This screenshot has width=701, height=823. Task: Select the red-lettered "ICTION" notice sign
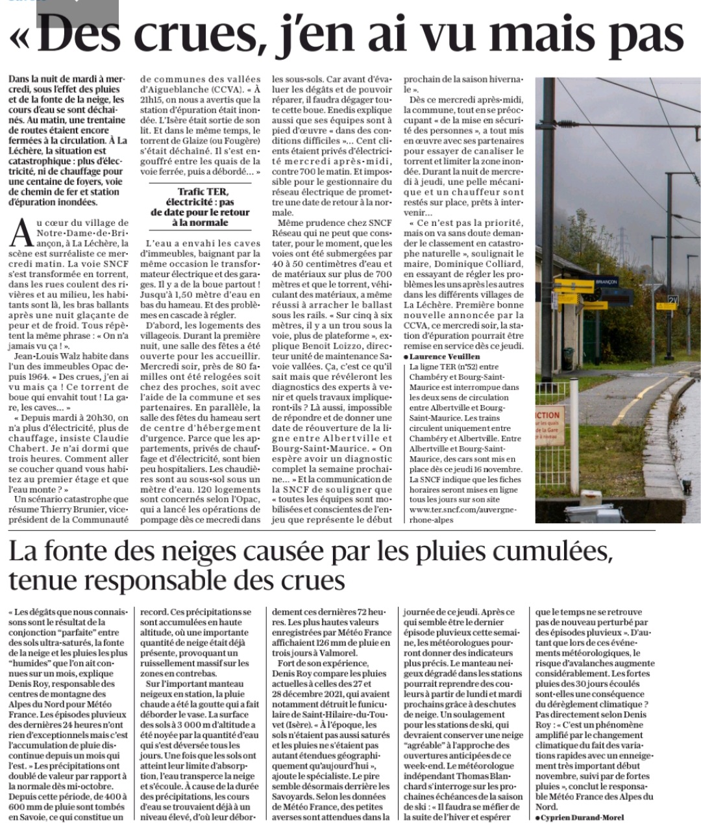(547, 415)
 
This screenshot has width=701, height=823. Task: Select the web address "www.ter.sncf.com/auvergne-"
(463, 510)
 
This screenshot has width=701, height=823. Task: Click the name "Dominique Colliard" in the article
(482, 264)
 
